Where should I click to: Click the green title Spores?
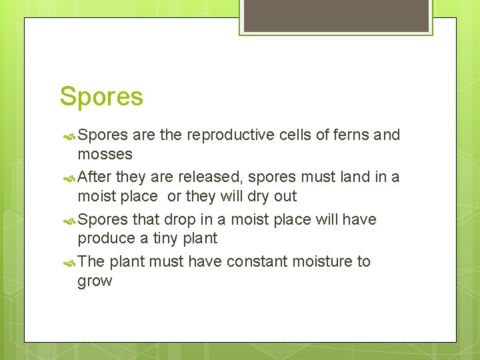(101, 97)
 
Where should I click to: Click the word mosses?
(105, 154)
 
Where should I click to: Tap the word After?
(95, 177)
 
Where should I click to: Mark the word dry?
(261, 197)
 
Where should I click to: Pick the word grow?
(95, 281)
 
